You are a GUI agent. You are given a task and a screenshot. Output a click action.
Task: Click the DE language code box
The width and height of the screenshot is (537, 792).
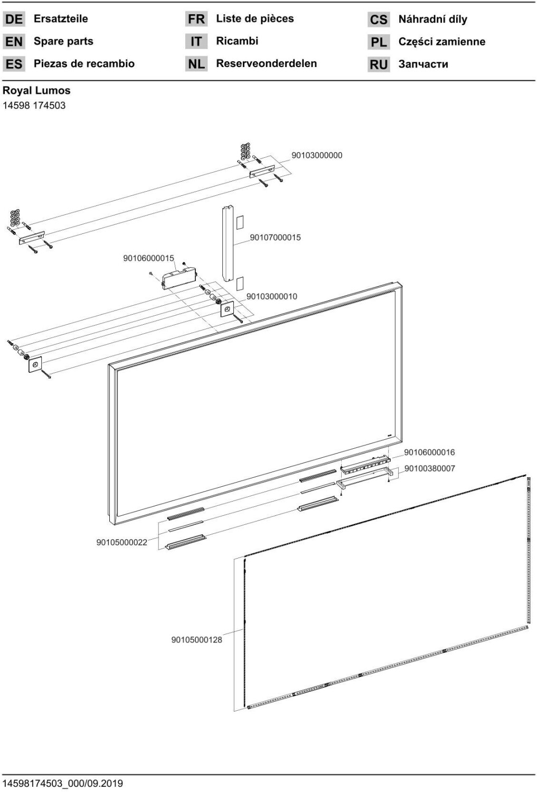click(14, 20)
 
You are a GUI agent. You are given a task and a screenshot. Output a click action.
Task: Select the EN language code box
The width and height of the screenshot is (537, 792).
click(14, 42)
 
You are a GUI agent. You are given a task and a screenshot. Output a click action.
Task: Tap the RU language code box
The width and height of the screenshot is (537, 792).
click(379, 64)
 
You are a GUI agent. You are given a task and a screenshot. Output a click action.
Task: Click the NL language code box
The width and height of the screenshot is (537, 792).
click(196, 64)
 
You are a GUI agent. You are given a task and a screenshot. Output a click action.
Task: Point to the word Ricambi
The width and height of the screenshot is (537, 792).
click(237, 41)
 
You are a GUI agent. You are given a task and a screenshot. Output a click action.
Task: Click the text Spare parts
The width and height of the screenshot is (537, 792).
click(63, 41)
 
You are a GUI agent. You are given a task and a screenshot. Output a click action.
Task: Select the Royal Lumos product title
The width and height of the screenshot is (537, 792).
click(36, 90)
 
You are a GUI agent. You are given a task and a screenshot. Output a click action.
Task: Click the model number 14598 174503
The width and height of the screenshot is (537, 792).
click(34, 105)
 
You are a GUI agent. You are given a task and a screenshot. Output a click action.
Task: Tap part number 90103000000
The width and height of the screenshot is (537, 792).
click(317, 155)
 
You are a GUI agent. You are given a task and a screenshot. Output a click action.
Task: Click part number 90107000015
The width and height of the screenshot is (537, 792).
click(275, 238)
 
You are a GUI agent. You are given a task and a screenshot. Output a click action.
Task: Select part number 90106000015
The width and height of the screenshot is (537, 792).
click(148, 258)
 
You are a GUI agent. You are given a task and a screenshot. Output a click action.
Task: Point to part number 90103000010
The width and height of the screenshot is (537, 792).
click(272, 297)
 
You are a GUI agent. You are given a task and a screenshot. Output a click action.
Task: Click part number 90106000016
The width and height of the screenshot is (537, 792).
click(429, 452)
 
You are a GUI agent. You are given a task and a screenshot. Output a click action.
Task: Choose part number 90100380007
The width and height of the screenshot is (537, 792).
click(429, 468)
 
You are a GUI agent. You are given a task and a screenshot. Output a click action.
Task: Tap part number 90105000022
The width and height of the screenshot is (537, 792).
click(121, 542)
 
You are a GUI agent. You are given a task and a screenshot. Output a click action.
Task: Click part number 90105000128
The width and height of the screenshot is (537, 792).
click(196, 640)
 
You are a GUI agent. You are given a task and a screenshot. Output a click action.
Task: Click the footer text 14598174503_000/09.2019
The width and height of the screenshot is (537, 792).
click(63, 783)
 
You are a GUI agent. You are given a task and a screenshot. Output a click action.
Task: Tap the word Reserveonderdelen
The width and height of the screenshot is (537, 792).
click(266, 63)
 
